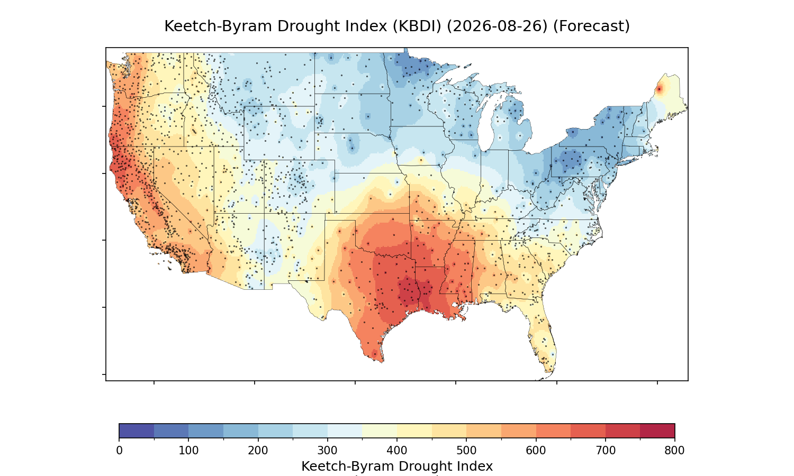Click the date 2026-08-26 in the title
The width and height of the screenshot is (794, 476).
497,26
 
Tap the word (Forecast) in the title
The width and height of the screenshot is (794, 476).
591,26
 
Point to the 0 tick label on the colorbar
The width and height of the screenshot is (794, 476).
119,451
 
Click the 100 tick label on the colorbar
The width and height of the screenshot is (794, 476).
188,451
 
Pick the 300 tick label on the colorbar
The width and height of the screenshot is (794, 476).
328,451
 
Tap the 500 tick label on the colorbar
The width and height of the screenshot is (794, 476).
466,451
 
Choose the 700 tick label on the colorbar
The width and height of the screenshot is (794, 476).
606,451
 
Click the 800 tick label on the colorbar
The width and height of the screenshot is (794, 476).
674,451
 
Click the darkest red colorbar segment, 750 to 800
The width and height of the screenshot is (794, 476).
657,431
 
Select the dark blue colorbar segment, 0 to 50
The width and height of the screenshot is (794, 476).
137,431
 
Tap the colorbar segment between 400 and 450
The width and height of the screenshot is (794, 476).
414,431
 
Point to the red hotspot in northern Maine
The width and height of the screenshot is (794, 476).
660,89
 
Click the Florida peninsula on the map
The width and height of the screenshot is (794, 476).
543,340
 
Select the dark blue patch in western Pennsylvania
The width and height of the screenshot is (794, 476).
571,159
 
